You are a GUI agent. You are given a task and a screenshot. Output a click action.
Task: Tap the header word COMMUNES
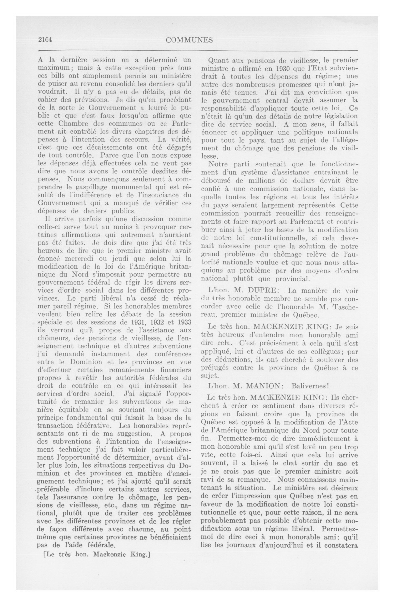[x=189, y=40]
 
